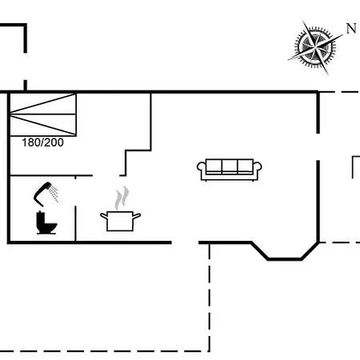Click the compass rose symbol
315,47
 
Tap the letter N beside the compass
351,29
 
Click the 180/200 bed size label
42,142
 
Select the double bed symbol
43,114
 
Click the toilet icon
46,222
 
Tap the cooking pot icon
120,221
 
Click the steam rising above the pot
122,198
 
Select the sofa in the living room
230,170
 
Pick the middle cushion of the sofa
230,166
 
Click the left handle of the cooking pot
104,216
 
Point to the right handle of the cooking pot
137,216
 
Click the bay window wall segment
285,258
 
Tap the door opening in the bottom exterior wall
185,242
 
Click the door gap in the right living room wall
318,147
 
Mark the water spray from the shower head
54,194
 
